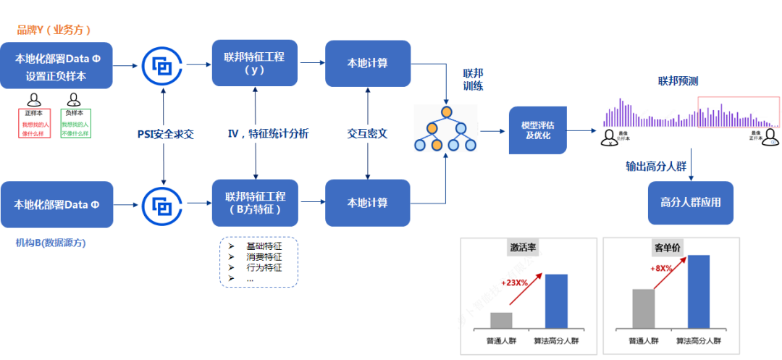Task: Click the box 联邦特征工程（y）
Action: click(x=255, y=63)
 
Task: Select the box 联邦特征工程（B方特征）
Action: click(x=255, y=204)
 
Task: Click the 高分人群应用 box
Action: click(x=691, y=203)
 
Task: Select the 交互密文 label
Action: click(x=367, y=133)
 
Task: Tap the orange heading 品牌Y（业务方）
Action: click(x=54, y=30)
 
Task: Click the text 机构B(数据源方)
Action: click(x=50, y=243)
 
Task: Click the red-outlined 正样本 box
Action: click(x=33, y=124)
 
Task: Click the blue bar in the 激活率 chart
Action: click(x=556, y=301)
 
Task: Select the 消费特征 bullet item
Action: click(x=264, y=256)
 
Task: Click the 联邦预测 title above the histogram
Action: click(x=678, y=80)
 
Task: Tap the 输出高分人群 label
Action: click(x=656, y=166)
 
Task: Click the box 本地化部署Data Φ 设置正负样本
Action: click(x=56, y=66)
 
